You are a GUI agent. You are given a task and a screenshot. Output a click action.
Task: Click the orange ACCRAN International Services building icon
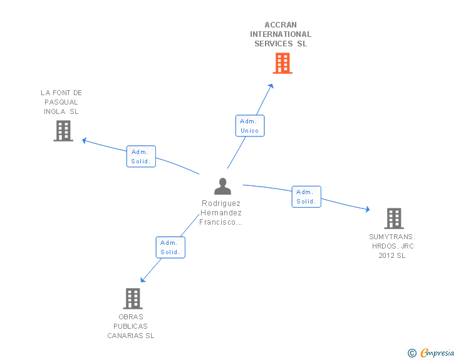(x=282, y=63)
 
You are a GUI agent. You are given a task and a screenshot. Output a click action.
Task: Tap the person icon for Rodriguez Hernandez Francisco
(x=222, y=187)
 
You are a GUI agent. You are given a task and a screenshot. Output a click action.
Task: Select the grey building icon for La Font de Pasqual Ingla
(x=63, y=131)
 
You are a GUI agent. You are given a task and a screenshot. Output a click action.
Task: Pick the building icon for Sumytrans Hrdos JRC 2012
(x=393, y=219)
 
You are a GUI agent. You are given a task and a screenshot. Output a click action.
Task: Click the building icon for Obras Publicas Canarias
(x=133, y=299)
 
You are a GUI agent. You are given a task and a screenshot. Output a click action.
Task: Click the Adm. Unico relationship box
(x=250, y=126)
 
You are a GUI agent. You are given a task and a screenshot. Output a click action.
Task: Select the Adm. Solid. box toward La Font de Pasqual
(x=141, y=157)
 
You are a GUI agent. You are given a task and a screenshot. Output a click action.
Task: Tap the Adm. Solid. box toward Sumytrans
(x=306, y=197)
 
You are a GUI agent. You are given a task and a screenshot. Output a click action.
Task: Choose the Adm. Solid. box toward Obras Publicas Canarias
(x=170, y=247)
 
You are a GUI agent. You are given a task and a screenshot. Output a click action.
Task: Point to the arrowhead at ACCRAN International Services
(x=271, y=86)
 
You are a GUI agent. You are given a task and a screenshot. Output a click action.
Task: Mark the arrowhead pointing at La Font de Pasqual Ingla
(x=85, y=140)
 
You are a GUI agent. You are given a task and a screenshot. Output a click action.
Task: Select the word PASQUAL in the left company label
(x=61, y=102)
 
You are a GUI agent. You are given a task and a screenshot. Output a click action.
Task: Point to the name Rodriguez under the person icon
(x=221, y=203)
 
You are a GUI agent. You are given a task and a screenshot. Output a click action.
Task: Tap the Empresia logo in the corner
(x=438, y=353)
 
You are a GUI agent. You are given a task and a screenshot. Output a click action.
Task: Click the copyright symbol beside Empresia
(x=412, y=353)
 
